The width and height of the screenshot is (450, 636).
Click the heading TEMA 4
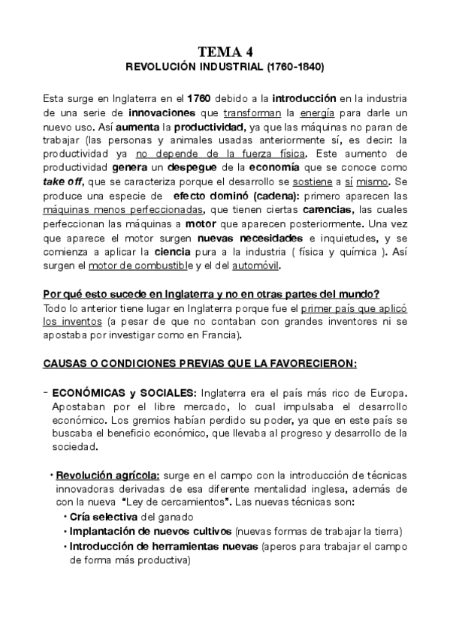(225, 52)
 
